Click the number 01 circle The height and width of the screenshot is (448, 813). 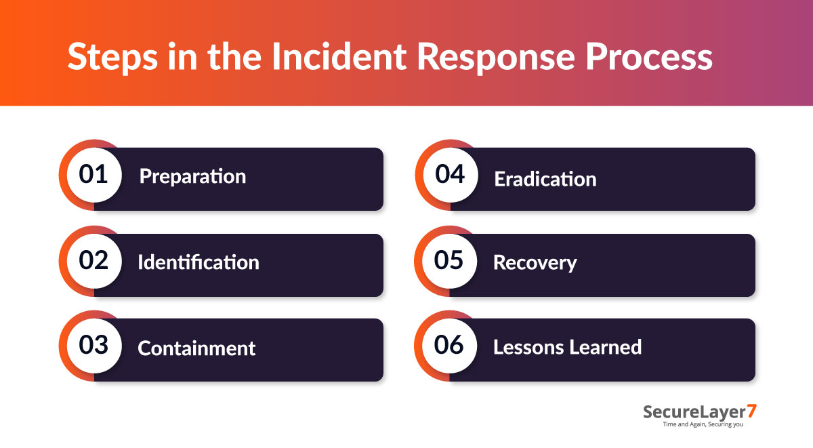click(93, 176)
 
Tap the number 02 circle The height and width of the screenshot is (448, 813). click(93, 262)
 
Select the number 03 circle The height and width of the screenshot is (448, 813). click(93, 346)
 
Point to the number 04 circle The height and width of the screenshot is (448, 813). click(449, 176)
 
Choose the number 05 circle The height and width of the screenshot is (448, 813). click(449, 262)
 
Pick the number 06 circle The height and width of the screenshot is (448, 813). click(449, 346)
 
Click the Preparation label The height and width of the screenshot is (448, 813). click(192, 177)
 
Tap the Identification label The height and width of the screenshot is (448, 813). click(198, 262)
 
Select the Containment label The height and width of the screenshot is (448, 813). click(196, 348)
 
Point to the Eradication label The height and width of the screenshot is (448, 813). click(545, 179)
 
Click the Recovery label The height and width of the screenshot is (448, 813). click(535, 262)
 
